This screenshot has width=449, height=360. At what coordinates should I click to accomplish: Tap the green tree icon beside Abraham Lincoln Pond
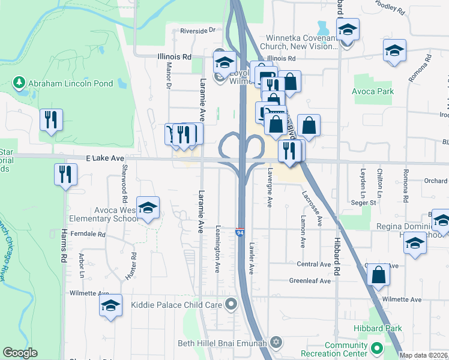19,82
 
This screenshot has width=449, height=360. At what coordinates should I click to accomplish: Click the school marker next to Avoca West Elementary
148,208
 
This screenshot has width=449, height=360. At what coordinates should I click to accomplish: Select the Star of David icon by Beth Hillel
276,342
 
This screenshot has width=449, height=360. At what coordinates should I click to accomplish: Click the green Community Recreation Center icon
376,348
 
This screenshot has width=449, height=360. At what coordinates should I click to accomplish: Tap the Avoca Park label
373,91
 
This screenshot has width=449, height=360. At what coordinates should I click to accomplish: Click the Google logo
20,353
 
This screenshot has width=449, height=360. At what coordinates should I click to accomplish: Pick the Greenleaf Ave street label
310,280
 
